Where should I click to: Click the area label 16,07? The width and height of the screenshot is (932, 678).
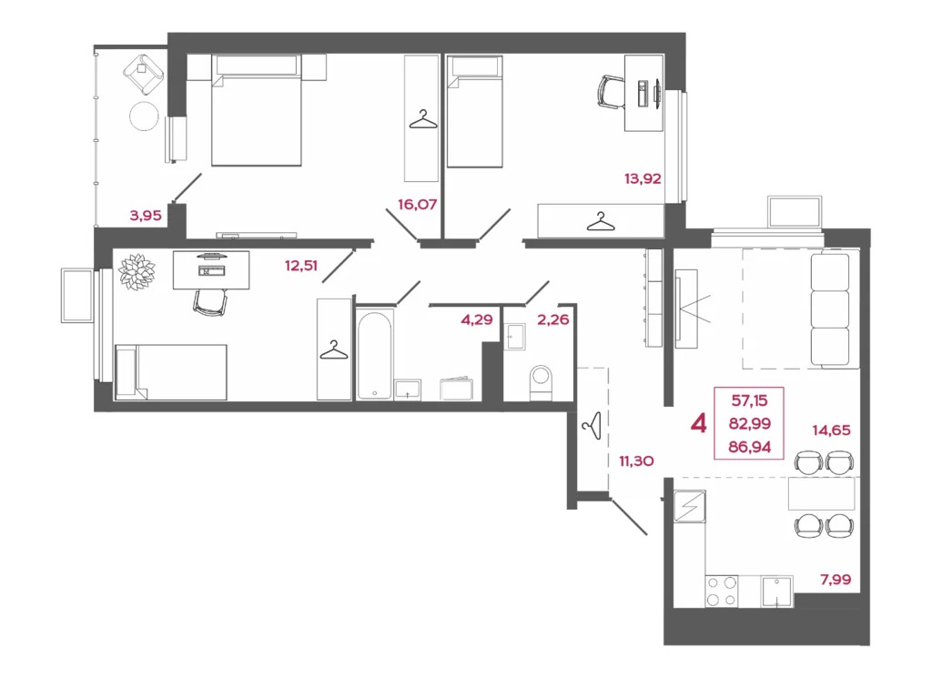point(418,205)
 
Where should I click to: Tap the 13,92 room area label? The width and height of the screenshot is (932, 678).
point(642,179)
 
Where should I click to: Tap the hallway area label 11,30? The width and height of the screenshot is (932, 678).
point(637,460)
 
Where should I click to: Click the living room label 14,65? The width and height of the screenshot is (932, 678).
point(832,430)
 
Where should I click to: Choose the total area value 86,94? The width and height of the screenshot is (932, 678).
point(750,446)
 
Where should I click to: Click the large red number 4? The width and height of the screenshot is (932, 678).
point(699,423)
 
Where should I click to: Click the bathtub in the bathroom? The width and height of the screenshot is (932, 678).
point(374,355)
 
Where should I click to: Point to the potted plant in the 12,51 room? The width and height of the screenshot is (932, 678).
point(137,271)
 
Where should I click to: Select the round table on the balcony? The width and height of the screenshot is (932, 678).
point(144,116)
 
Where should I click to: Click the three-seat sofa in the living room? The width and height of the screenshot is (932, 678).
point(828,310)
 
